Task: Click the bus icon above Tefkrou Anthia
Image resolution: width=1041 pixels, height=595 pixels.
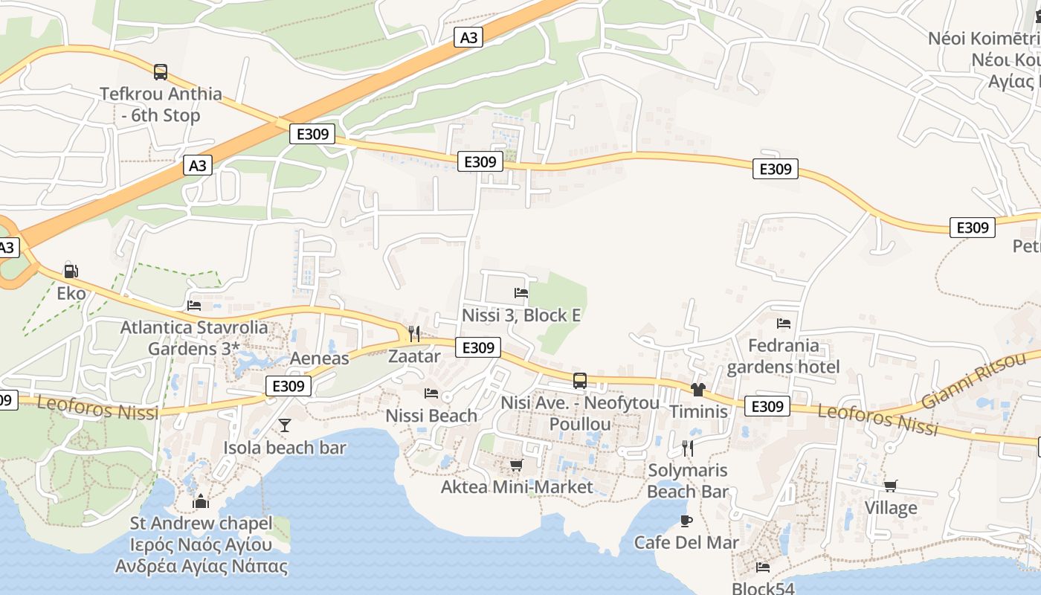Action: coord(161,72)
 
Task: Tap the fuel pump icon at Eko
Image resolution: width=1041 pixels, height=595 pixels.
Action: coord(71,271)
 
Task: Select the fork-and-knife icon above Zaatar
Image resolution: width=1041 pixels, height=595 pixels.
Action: coord(414,333)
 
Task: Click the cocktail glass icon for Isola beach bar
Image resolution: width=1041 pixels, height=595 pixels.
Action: coord(284,425)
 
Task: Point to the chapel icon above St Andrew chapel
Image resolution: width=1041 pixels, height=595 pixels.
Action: coord(200,502)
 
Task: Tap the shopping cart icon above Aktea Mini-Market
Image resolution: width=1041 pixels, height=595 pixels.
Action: coord(516,465)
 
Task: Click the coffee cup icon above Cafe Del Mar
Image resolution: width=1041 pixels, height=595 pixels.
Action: coord(686,521)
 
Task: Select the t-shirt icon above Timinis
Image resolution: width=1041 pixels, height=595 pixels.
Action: coord(697,389)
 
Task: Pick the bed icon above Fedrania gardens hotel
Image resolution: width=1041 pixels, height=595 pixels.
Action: coord(783,324)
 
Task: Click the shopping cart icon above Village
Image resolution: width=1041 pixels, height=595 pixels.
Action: coord(890,486)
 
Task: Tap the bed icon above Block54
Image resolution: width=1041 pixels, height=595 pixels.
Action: coord(763,567)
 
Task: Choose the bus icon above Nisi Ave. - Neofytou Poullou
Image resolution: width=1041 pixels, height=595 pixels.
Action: coord(580,381)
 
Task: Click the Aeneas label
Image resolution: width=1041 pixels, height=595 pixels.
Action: coord(319,358)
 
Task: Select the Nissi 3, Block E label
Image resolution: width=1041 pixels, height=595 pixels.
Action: coord(521,315)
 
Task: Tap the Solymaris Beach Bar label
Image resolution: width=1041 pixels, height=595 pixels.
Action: coord(688,480)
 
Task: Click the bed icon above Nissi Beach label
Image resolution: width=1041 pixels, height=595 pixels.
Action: coord(431,393)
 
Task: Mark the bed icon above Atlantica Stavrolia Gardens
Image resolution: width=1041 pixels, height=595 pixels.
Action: coord(194,305)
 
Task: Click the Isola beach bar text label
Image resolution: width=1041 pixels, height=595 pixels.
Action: coord(285,448)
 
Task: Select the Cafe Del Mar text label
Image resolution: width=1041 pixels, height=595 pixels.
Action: coord(686,543)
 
